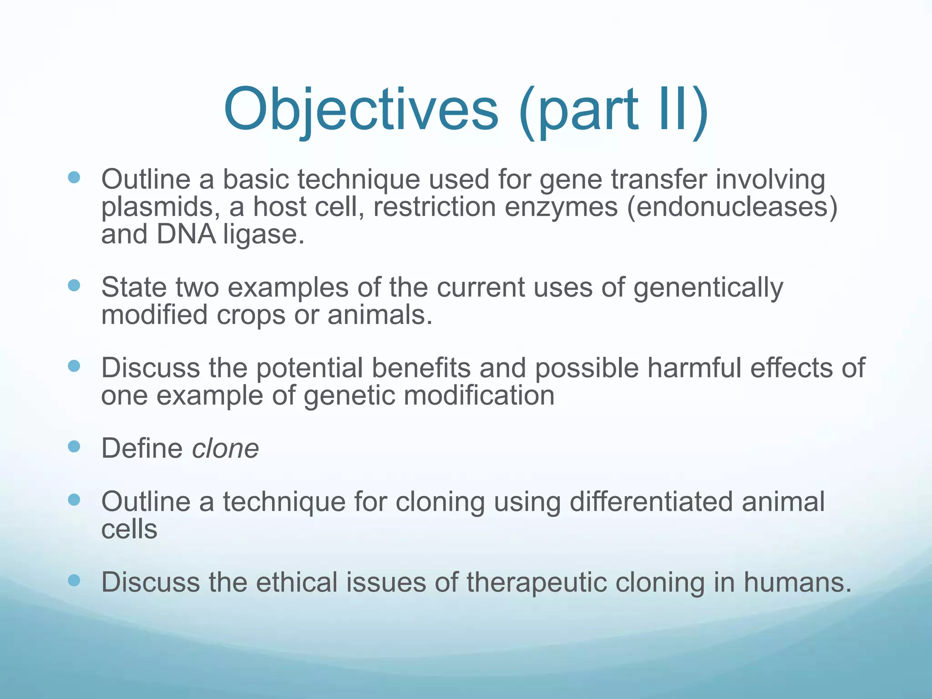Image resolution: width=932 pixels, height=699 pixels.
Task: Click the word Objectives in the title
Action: pyautogui.click(x=360, y=110)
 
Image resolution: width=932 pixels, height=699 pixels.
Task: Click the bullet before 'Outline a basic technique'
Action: pyautogui.click(x=74, y=177)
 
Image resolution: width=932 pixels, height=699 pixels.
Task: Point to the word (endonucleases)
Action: pyautogui.click(x=732, y=207)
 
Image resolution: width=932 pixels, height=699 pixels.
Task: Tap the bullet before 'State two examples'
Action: pyautogui.click(x=74, y=285)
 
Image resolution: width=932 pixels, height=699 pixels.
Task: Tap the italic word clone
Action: pyautogui.click(x=225, y=449)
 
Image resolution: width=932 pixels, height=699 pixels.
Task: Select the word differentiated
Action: pyautogui.click(x=651, y=502)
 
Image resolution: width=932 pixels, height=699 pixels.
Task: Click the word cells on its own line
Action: pyautogui.click(x=129, y=529)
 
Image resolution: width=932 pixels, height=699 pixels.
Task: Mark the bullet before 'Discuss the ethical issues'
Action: pyautogui.click(x=74, y=580)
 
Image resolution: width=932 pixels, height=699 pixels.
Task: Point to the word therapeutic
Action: pyautogui.click(x=537, y=582)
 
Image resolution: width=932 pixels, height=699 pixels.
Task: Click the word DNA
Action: pyautogui.click(x=186, y=235)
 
